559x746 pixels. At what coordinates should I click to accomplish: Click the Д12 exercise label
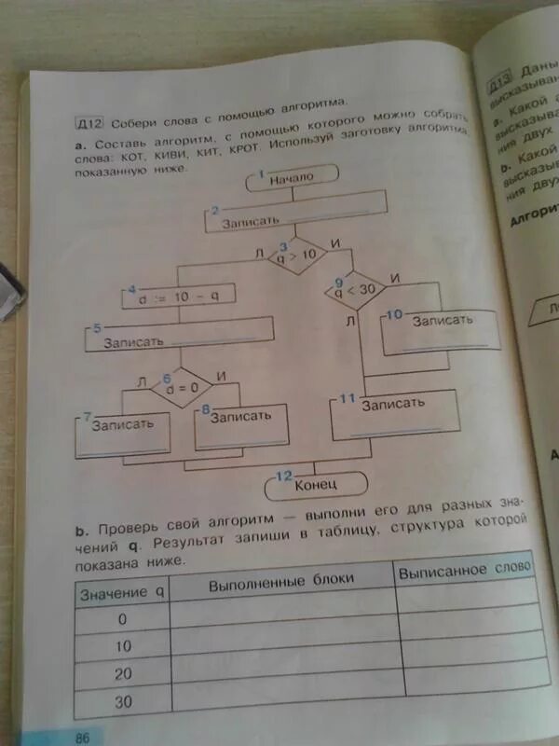click(90, 122)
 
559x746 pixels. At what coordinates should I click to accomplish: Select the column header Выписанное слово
click(465, 568)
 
